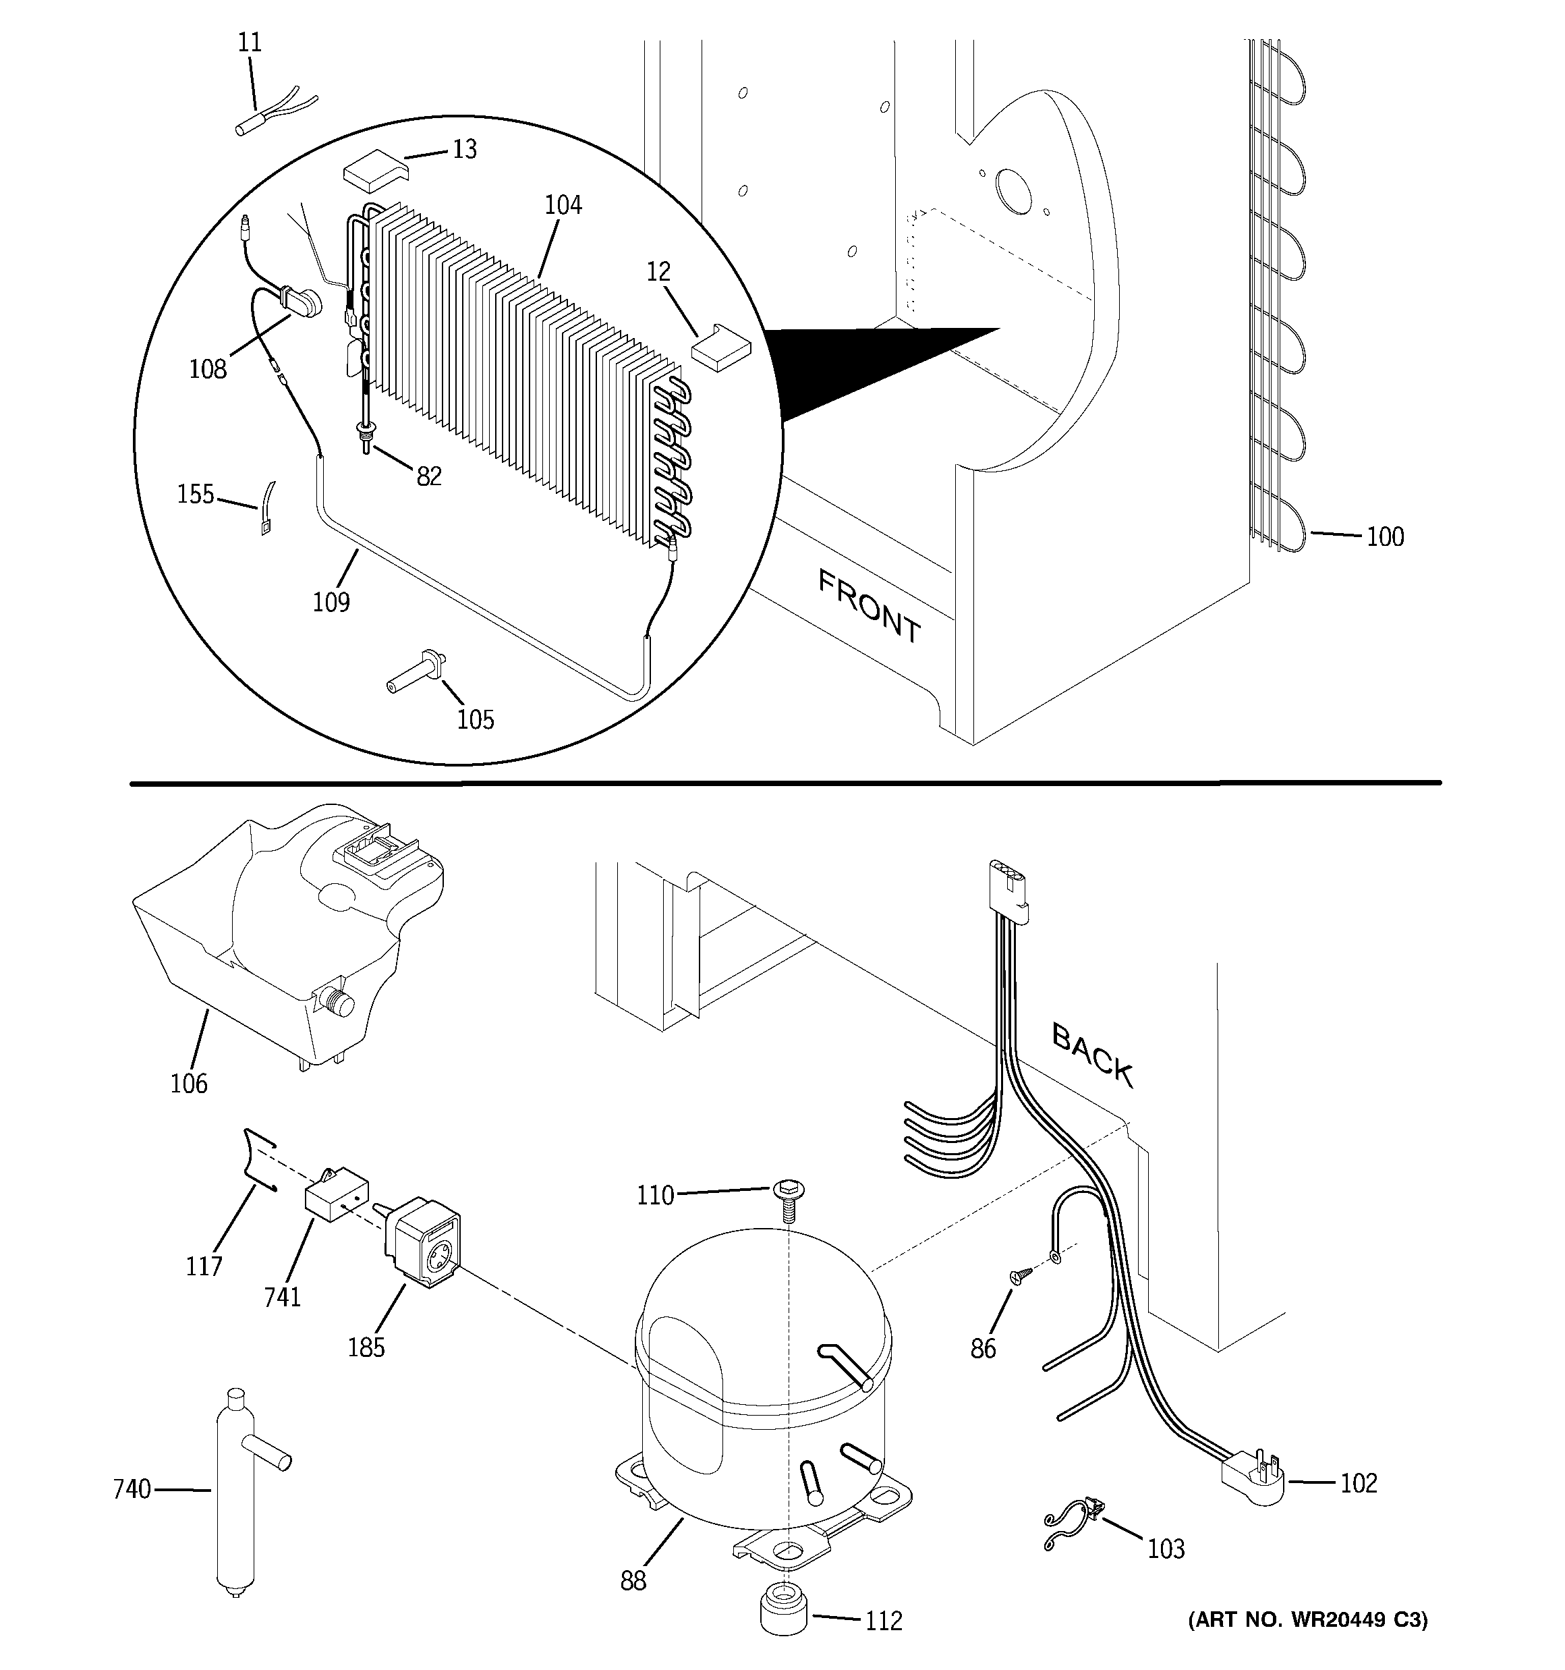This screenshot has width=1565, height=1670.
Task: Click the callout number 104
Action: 562,205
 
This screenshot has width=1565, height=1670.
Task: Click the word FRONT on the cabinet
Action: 870,606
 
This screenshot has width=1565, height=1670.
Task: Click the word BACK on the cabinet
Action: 1092,1056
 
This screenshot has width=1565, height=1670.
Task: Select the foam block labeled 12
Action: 720,346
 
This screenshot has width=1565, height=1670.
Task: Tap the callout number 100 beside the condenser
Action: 1384,537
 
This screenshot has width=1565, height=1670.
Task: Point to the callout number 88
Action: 633,1581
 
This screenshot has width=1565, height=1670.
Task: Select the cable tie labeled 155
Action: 267,509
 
